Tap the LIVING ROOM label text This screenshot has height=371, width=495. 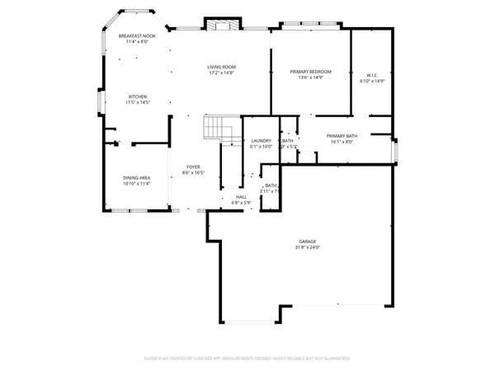(x=221, y=67)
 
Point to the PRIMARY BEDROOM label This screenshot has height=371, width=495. (x=310, y=73)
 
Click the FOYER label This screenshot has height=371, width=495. (x=191, y=167)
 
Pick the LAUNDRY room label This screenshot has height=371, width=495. (x=261, y=141)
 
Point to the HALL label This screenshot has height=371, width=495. (x=241, y=197)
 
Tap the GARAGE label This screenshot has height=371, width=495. (x=307, y=242)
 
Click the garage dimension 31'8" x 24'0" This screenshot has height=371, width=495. (x=307, y=247)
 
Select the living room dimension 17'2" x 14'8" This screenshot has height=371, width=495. (x=221, y=73)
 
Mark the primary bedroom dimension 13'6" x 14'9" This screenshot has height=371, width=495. (x=310, y=78)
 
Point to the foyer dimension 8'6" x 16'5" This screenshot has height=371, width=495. (x=191, y=173)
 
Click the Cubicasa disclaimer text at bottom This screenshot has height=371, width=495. (x=247, y=359)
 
